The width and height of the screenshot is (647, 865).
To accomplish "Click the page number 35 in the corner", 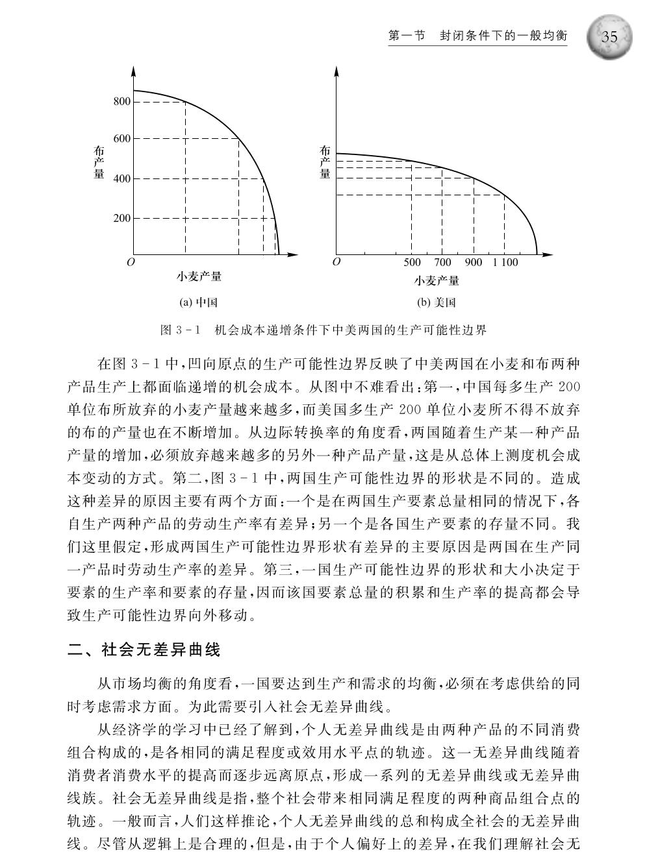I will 609,37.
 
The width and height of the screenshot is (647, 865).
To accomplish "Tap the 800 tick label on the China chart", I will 122,102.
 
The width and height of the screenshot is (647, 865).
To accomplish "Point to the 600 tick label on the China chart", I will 122,139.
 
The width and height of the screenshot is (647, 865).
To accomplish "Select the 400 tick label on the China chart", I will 122,179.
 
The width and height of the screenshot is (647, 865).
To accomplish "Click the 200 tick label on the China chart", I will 122,219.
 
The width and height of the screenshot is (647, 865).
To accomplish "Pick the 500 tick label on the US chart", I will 412,263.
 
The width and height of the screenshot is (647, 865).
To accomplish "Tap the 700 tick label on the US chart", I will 442,263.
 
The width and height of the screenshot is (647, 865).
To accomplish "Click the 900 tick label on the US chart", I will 474,263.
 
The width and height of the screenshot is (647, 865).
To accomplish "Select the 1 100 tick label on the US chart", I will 505,263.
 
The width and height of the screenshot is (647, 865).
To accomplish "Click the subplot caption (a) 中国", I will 198,302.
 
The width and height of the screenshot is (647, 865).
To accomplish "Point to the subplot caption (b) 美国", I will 436,302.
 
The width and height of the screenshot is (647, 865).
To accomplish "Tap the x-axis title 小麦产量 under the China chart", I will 199,277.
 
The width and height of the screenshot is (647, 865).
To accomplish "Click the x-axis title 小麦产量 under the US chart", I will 437,281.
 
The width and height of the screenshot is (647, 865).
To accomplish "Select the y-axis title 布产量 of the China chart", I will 99,162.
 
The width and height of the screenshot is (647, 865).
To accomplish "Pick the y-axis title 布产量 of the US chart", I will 325,162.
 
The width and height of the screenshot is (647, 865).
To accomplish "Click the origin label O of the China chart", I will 131,263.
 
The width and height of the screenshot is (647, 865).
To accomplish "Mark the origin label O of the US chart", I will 336,262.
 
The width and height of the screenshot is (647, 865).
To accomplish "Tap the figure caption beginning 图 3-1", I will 323,330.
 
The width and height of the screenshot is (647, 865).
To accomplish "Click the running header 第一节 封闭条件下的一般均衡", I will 477,36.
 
